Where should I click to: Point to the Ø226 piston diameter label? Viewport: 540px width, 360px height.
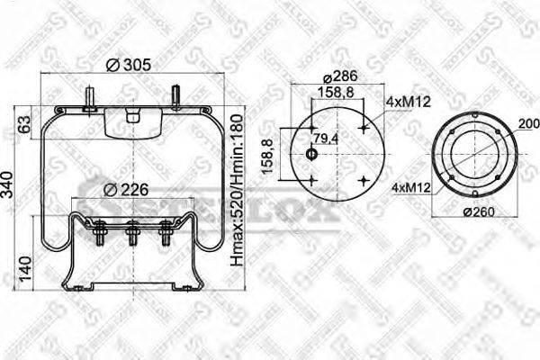(125, 189)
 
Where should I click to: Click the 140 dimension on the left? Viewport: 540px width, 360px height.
(24, 265)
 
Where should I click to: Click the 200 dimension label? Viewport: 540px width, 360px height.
(528, 123)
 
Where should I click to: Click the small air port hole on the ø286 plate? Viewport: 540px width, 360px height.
(311, 155)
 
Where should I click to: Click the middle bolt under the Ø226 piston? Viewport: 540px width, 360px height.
(132, 238)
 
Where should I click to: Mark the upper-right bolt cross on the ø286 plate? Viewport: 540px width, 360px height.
(362, 129)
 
